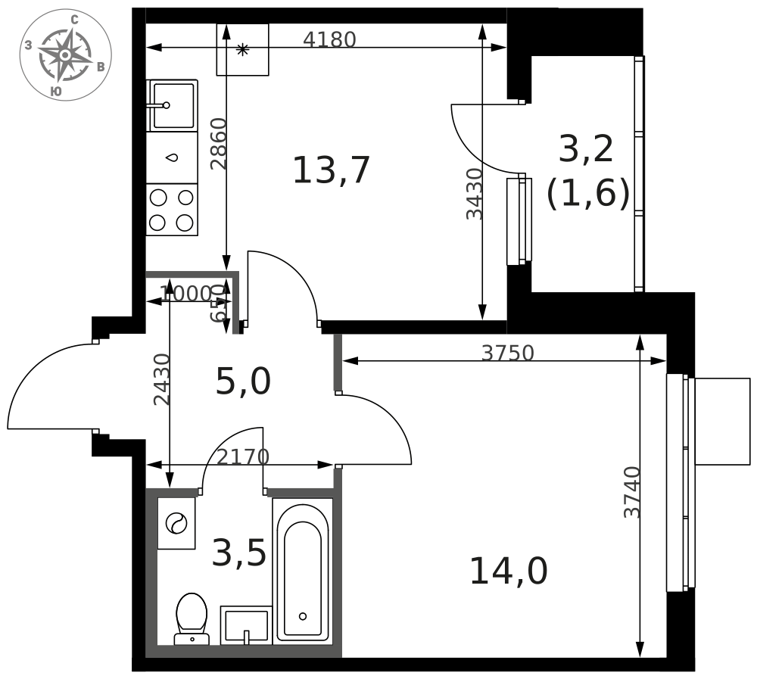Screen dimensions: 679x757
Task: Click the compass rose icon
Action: (x=65, y=55)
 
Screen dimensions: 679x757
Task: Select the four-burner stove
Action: (x=172, y=210)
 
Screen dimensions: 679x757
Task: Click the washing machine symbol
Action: (x=176, y=523)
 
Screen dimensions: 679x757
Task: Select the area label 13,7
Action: (x=331, y=170)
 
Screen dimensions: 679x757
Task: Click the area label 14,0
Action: (x=508, y=571)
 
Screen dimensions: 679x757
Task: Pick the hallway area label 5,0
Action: (x=243, y=381)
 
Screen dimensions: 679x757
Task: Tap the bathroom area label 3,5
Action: (x=238, y=553)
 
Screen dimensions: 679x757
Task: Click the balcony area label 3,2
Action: (x=585, y=149)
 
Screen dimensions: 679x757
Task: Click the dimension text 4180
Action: (x=329, y=40)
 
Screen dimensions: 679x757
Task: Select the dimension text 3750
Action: (x=507, y=354)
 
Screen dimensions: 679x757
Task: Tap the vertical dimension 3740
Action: (x=632, y=492)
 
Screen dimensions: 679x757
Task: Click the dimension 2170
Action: (x=243, y=457)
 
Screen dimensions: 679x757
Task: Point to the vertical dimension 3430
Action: (x=475, y=194)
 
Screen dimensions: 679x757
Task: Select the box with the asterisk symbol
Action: (x=242, y=50)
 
